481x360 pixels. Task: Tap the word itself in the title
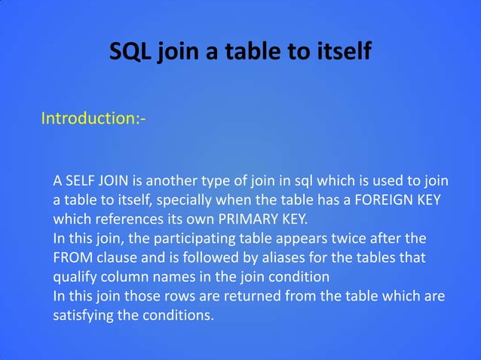338,52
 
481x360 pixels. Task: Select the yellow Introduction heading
93,118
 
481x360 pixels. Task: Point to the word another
173,182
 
